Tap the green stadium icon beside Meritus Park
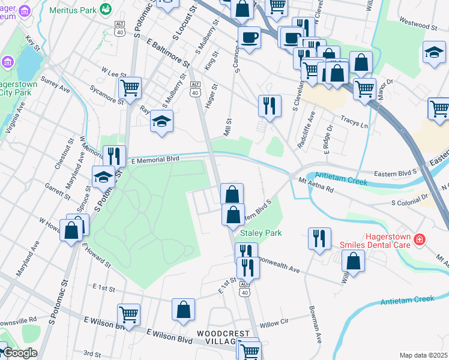(x=106, y=9)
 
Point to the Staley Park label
(x=261, y=232)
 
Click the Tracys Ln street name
(x=354, y=122)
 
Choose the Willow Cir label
(x=274, y=322)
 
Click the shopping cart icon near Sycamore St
(x=130, y=88)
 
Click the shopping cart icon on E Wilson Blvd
(x=128, y=313)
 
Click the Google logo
(x=20, y=353)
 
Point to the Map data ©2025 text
(x=424, y=355)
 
